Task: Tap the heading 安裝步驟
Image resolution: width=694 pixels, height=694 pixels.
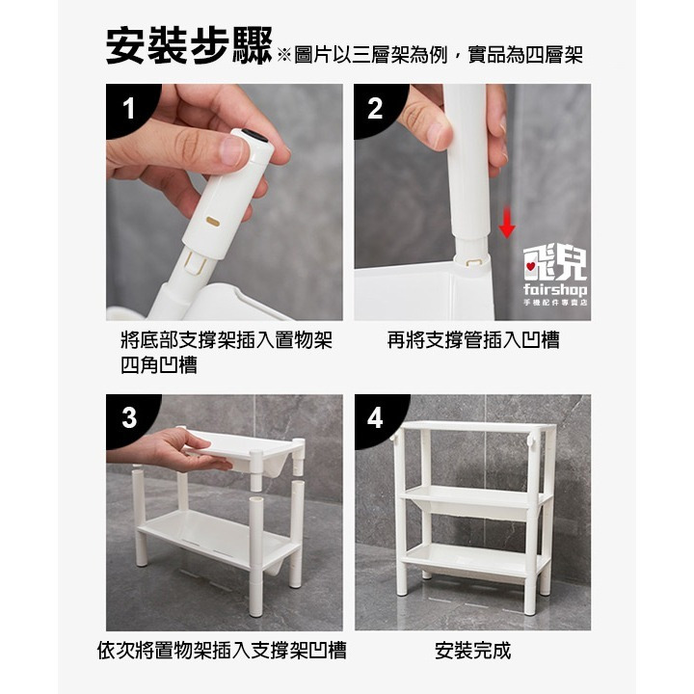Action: (189, 47)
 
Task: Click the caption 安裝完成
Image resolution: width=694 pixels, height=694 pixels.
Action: (472, 651)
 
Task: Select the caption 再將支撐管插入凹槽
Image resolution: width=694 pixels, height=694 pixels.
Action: (472, 339)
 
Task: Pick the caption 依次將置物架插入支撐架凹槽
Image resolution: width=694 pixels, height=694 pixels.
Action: (222, 651)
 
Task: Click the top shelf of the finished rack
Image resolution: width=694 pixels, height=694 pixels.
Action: (472, 427)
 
